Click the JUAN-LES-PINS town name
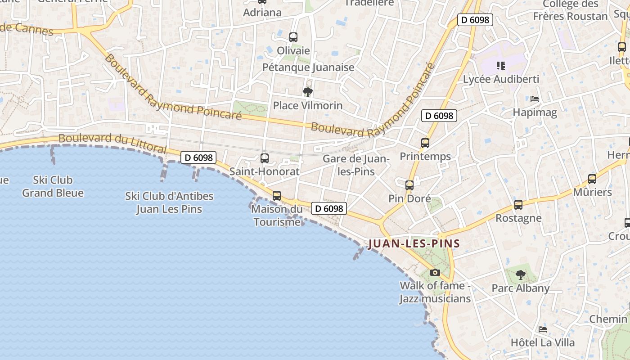(x=414, y=244)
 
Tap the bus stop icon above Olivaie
(x=293, y=37)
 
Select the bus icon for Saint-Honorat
(x=265, y=158)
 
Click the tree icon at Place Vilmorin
(x=308, y=92)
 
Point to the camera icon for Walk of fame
(x=435, y=272)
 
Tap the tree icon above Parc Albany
(x=520, y=274)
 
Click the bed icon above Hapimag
(x=535, y=99)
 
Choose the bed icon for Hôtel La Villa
(x=543, y=329)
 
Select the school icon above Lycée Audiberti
(x=501, y=66)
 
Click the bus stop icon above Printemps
(x=425, y=143)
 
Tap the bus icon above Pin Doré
(x=409, y=185)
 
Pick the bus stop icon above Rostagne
(x=518, y=205)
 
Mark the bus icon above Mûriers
(x=592, y=179)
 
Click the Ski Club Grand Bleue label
(x=53, y=186)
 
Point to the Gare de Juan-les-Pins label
(x=356, y=165)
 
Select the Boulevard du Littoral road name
(x=112, y=143)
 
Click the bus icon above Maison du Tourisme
(x=277, y=196)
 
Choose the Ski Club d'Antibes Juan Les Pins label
(x=169, y=202)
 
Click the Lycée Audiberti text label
(x=501, y=79)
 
